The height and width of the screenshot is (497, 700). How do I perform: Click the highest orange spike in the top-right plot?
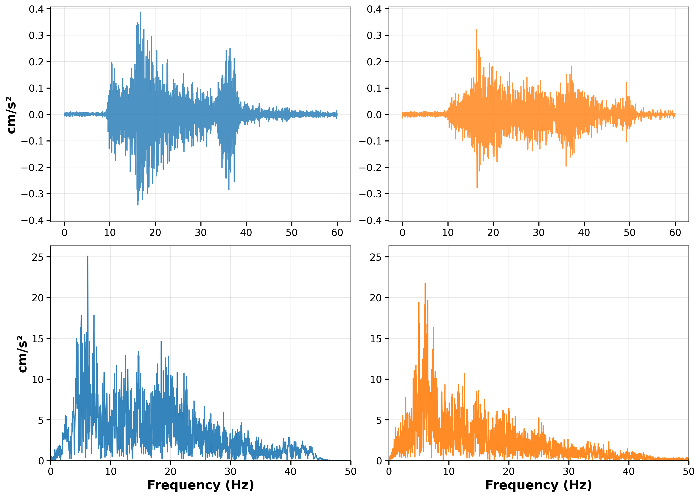(477, 30)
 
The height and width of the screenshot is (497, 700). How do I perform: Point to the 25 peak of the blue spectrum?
(88, 257)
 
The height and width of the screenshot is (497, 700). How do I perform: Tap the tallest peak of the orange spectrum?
(425, 284)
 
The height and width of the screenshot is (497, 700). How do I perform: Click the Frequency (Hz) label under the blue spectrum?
(200, 485)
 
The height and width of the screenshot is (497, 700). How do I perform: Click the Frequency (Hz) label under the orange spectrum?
(539, 485)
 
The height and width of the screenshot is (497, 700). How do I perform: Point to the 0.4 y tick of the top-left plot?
(36, 9)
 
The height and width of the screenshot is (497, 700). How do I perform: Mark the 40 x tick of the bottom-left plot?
(291, 472)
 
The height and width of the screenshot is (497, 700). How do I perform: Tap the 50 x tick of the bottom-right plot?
(688, 472)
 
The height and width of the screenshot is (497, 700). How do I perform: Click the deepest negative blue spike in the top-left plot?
(138, 204)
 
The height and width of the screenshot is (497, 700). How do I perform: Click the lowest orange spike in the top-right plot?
(477, 188)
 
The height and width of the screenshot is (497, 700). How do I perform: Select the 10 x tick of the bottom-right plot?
(449, 472)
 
